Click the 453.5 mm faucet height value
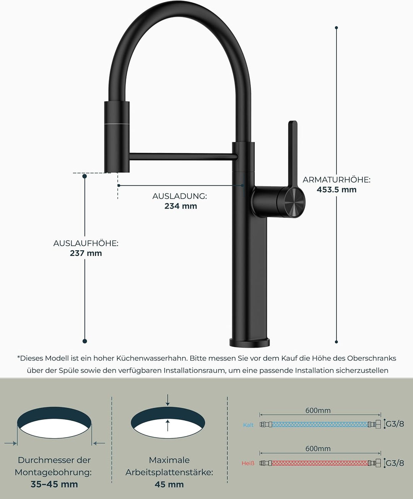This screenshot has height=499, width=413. point(337,190)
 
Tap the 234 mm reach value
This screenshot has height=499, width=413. point(180,206)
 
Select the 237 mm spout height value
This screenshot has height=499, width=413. point(86,253)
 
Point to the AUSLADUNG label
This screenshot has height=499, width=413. point(180,196)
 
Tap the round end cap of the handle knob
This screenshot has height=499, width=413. point(295,203)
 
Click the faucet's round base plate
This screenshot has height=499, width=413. point(250,342)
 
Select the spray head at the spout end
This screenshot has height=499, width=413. point(117,137)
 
